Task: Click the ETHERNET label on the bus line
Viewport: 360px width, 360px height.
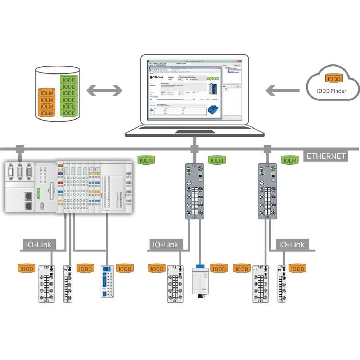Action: [326, 156]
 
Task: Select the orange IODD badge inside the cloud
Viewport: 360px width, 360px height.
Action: [334, 79]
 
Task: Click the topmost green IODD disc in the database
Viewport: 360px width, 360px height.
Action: [68, 80]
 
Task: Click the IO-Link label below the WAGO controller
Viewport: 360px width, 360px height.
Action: [38, 245]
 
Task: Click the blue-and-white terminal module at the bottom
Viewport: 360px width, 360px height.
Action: [108, 281]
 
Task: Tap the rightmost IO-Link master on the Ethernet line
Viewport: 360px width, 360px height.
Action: [268, 191]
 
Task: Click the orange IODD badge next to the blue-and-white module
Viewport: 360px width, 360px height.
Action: [125, 269]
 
